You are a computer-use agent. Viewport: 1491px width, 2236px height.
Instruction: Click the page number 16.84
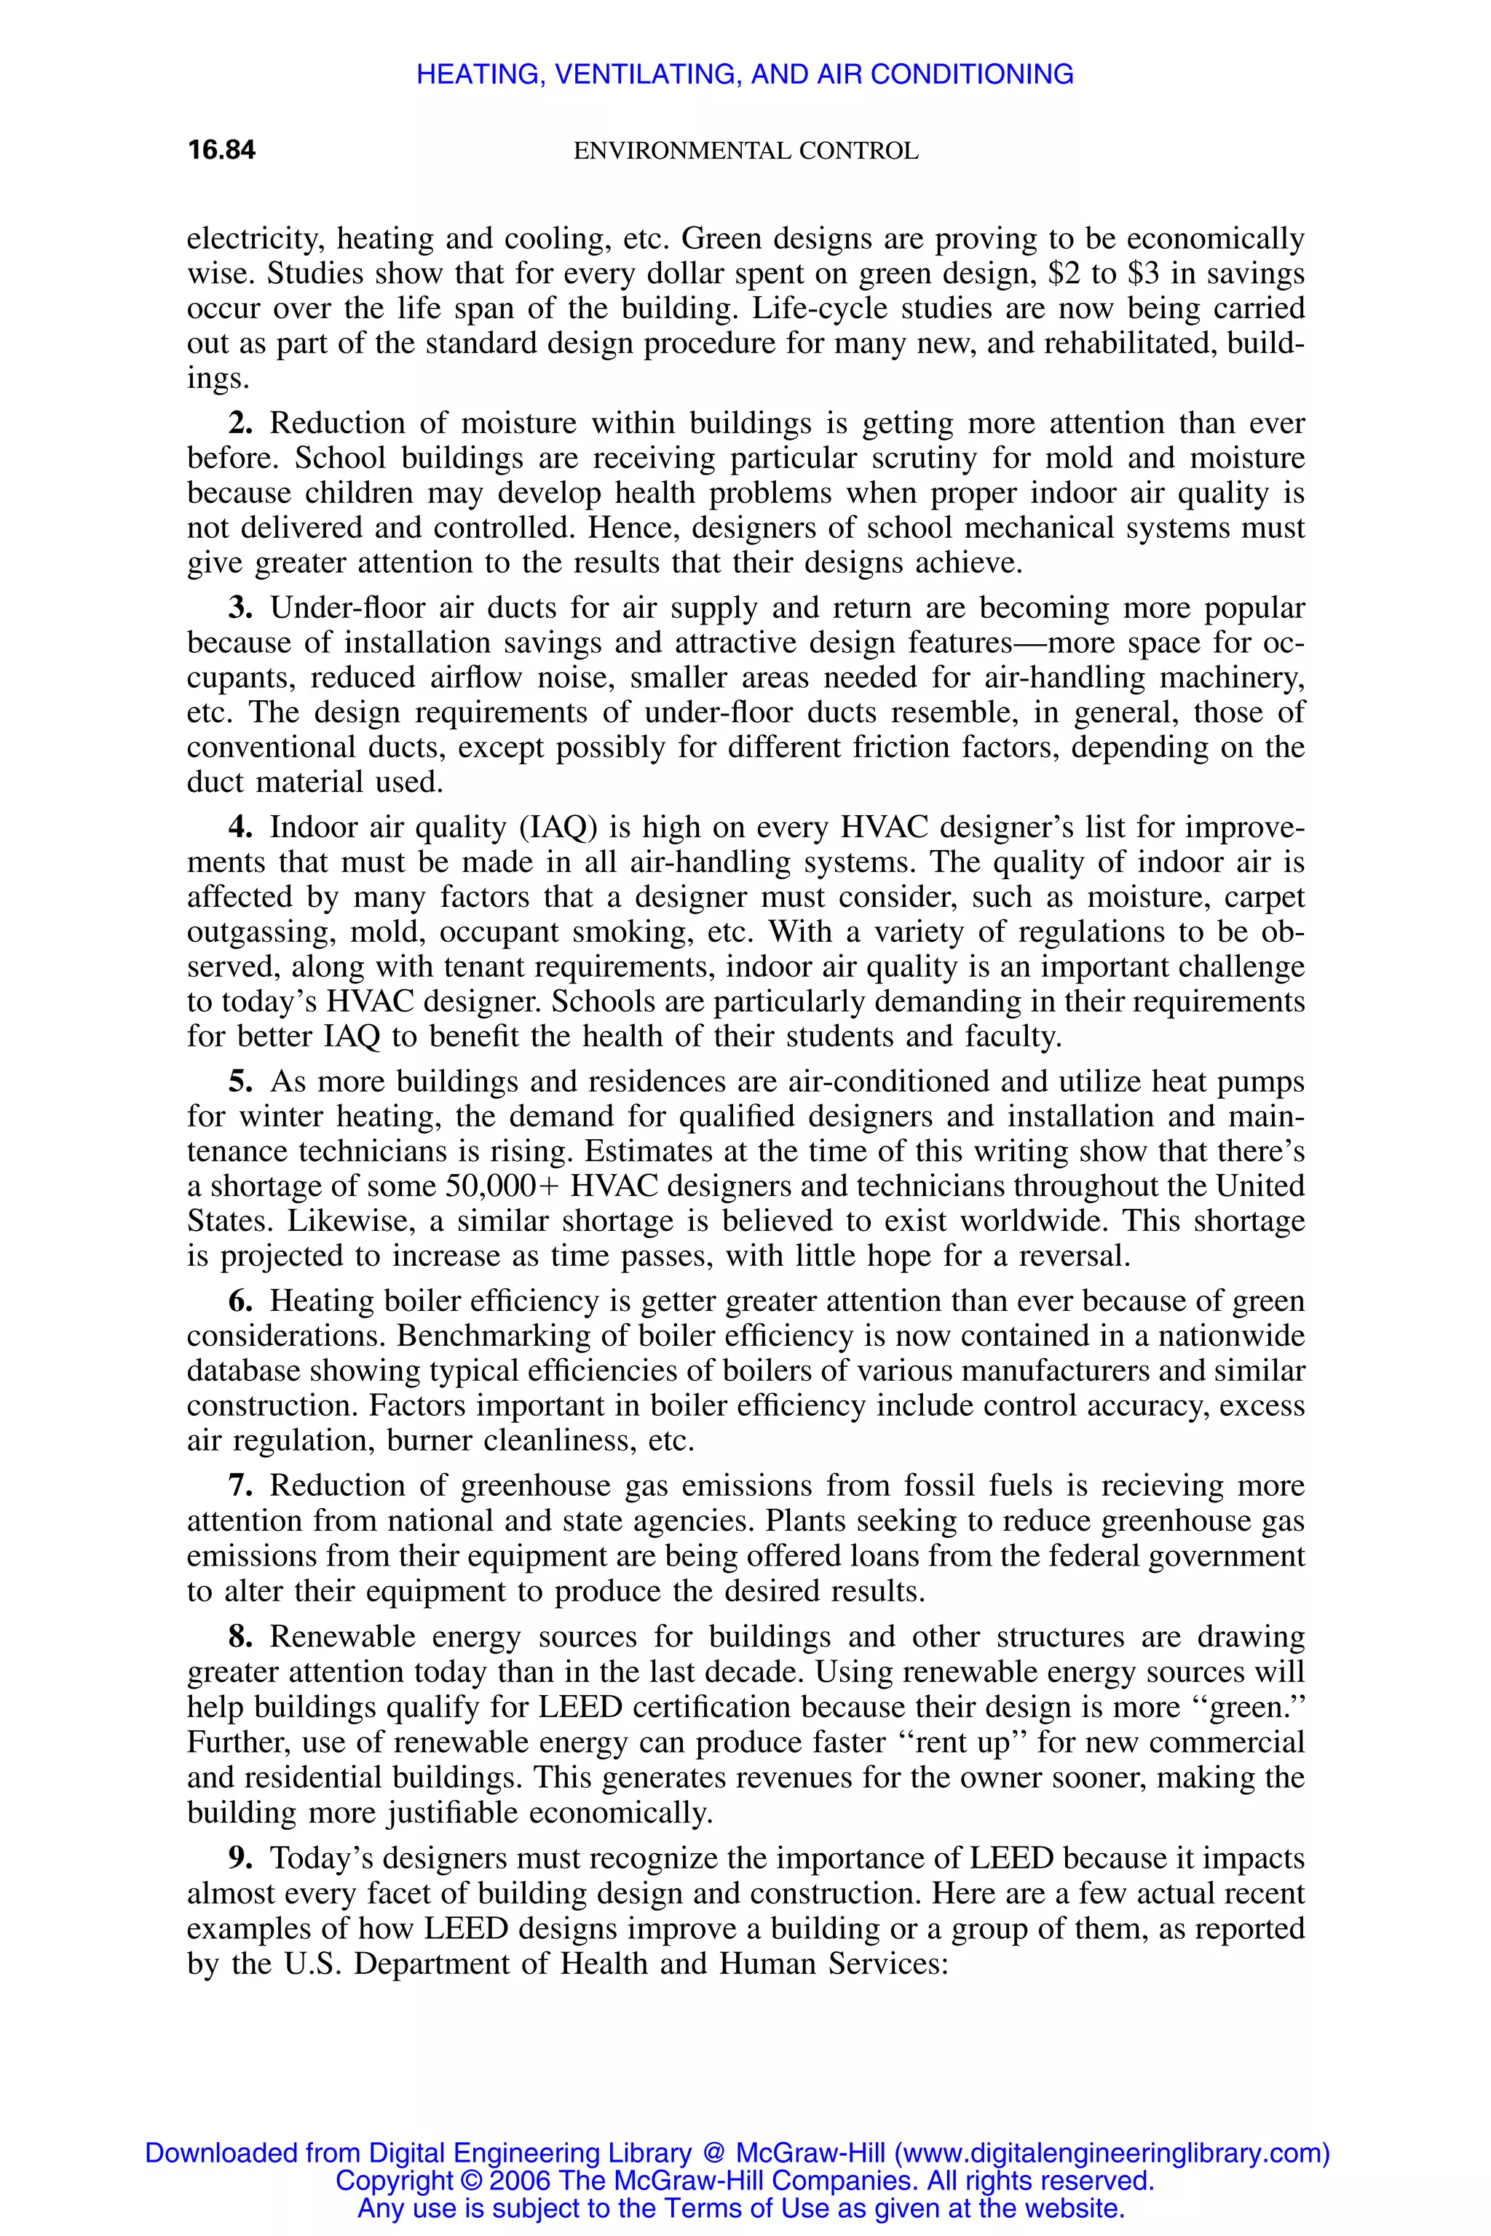click(221, 150)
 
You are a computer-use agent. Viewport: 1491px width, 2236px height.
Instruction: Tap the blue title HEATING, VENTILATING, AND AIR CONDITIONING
click(745, 74)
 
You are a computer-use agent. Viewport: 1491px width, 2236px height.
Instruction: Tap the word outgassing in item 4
click(261, 932)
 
